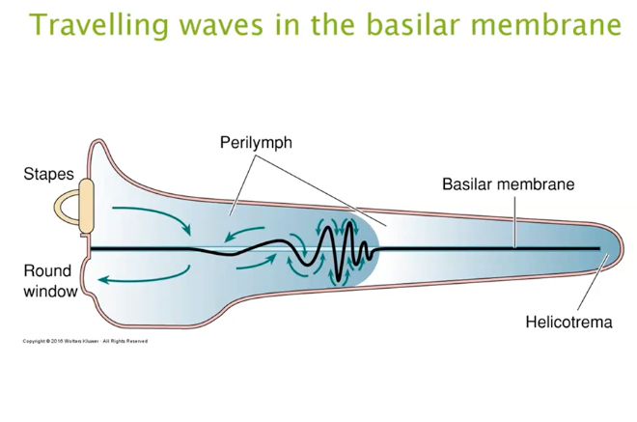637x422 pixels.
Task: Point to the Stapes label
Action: click(48, 175)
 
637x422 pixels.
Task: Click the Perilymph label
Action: click(256, 144)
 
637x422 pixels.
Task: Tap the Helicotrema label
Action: click(568, 322)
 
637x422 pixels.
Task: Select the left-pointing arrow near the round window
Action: click(135, 279)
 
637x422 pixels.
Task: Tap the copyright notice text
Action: click(85, 341)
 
